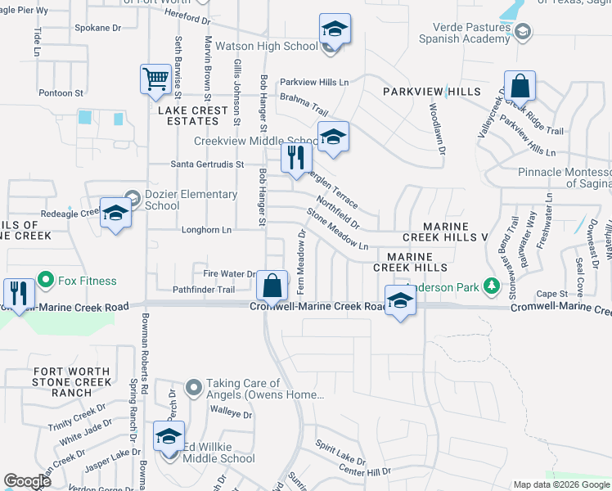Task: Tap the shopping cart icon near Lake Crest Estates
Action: click(155, 79)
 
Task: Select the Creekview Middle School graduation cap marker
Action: click(333, 137)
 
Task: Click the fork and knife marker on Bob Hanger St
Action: click(296, 156)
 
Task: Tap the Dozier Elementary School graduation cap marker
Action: click(116, 214)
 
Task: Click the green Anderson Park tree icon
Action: click(491, 286)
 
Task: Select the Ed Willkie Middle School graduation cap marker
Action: click(169, 437)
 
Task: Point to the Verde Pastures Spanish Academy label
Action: click(464, 32)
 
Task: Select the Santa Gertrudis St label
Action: click(207, 164)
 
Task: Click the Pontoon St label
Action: click(61, 93)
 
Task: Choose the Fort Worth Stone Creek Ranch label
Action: click(72, 382)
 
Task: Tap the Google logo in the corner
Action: click(27, 481)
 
